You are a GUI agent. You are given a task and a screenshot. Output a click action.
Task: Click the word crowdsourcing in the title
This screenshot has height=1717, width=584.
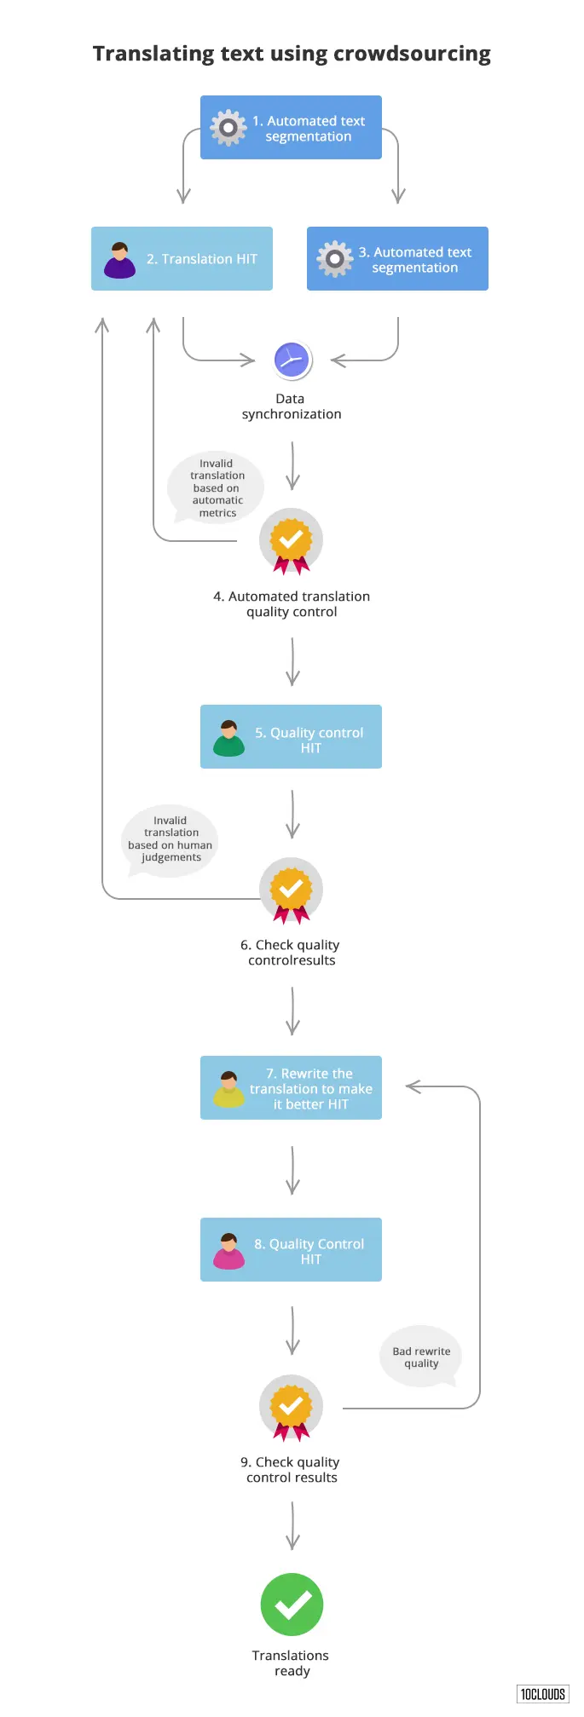pos(412,55)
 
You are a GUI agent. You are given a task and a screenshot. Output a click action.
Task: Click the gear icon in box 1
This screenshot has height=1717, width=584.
pos(228,128)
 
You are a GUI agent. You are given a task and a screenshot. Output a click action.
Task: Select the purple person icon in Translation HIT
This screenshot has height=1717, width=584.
pos(119,260)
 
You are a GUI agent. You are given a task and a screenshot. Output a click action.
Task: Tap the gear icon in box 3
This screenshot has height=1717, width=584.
pos(334,258)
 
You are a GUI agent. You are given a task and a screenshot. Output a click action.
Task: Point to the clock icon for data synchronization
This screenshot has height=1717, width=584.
pos(292,360)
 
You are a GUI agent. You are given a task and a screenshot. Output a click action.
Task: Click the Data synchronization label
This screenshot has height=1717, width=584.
pos(291,406)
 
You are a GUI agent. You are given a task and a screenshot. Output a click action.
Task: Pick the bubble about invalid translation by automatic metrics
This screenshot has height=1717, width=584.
pos(217,488)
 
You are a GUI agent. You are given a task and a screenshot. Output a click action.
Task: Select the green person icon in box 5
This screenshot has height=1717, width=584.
pos(228,739)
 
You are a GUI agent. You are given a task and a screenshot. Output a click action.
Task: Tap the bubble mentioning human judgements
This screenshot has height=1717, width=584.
pos(171,839)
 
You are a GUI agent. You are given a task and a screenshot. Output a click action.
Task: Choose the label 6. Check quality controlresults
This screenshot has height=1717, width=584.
pos(291,953)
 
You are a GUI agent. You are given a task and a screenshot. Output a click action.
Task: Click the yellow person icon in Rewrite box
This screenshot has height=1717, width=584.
pos(228,1089)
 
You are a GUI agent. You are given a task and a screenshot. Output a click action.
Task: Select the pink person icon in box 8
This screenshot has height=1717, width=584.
pos(228,1251)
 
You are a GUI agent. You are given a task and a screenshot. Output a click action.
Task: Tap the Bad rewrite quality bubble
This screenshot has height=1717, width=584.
pos(421,1357)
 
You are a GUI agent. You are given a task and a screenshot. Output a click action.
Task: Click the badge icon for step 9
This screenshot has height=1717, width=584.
pos(291,1407)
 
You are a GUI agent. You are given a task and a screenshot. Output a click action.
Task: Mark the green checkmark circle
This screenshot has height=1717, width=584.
pos(292,1605)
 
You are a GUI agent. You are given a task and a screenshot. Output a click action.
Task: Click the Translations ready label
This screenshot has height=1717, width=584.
pos(291,1662)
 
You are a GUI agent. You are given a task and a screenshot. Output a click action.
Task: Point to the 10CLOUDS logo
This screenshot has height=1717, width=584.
pos(542,1694)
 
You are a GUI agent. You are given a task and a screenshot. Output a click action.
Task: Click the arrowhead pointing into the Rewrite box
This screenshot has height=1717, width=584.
pos(412,1086)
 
